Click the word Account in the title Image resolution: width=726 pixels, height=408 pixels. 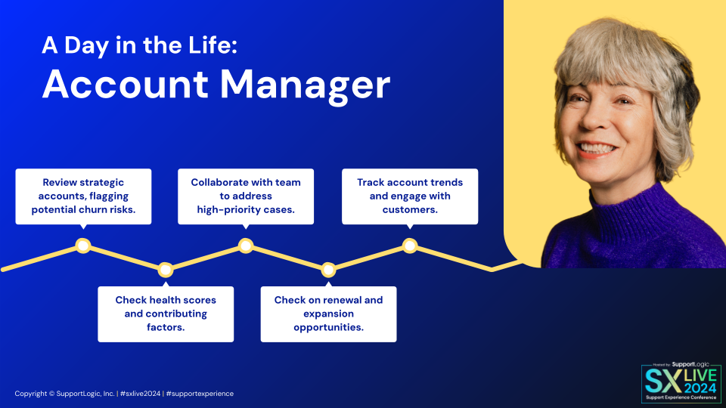pyautogui.click(x=126, y=85)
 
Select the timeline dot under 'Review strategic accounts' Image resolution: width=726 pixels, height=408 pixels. pyautogui.click(x=83, y=246)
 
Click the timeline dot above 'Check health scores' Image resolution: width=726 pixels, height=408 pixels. pyautogui.click(x=166, y=270)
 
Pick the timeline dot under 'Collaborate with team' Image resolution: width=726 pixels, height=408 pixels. pyautogui.click(x=246, y=246)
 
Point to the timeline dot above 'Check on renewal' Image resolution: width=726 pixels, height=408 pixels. pyautogui.click(x=328, y=270)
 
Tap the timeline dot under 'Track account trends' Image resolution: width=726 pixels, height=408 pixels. pyautogui.click(x=410, y=246)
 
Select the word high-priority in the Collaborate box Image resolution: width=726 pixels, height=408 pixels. pyautogui.click(x=222, y=210)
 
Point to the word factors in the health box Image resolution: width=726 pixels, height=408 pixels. pyautogui.click(x=166, y=327)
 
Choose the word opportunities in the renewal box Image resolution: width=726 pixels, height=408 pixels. pyautogui.click(x=329, y=327)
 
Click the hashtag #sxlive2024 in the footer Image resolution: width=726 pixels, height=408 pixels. pyautogui.click(x=141, y=394)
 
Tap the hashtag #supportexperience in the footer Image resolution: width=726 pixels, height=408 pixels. pyautogui.click(x=200, y=394)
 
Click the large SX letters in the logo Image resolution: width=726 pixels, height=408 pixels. pyautogui.click(x=664, y=381)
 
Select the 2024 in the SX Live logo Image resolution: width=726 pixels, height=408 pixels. pyautogui.click(x=700, y=388)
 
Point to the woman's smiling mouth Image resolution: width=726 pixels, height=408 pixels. pyautogui.click(x=597, y=150)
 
